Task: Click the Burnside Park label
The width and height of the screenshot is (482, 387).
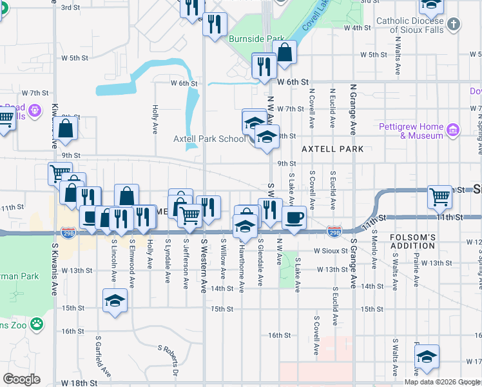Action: coord(256,39)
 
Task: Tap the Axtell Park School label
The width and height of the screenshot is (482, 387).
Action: coord(209,139)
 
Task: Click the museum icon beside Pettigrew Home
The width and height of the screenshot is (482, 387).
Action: coord(453,130)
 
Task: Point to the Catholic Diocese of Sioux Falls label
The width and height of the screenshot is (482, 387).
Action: coord(410,25)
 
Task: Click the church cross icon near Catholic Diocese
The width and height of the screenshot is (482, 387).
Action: coord(454,25)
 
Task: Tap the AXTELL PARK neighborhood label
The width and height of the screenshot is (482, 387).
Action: coord(334,149)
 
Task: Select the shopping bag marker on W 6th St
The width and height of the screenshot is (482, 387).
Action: coord(284,52)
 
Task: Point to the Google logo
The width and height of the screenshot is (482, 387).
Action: coord(21,379)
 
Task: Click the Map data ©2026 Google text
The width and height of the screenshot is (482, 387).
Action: coord(442,382)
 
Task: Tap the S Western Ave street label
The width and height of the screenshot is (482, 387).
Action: coord(204,265)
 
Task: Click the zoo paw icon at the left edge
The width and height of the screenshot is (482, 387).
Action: coord(37,324)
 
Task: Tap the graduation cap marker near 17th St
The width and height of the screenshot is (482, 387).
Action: coord(427,356)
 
